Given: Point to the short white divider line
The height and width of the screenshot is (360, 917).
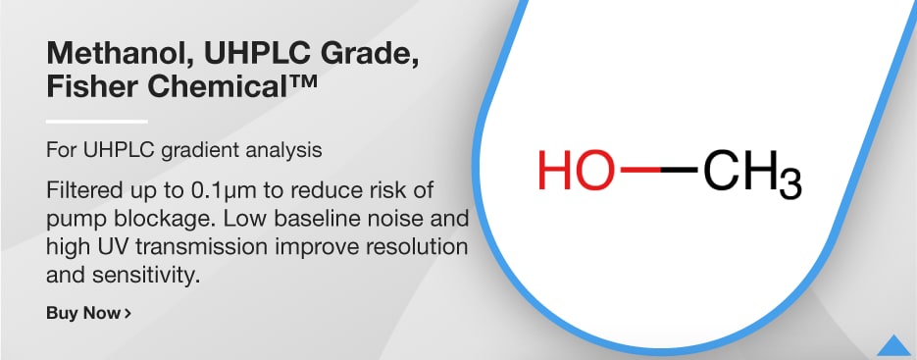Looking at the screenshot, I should click(96, 121).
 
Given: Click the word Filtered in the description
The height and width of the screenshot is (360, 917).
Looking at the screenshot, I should click(81, 187).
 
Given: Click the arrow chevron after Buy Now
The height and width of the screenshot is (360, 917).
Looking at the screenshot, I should click(127, 314).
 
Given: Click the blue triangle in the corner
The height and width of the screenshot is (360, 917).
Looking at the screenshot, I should click(893, 345).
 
